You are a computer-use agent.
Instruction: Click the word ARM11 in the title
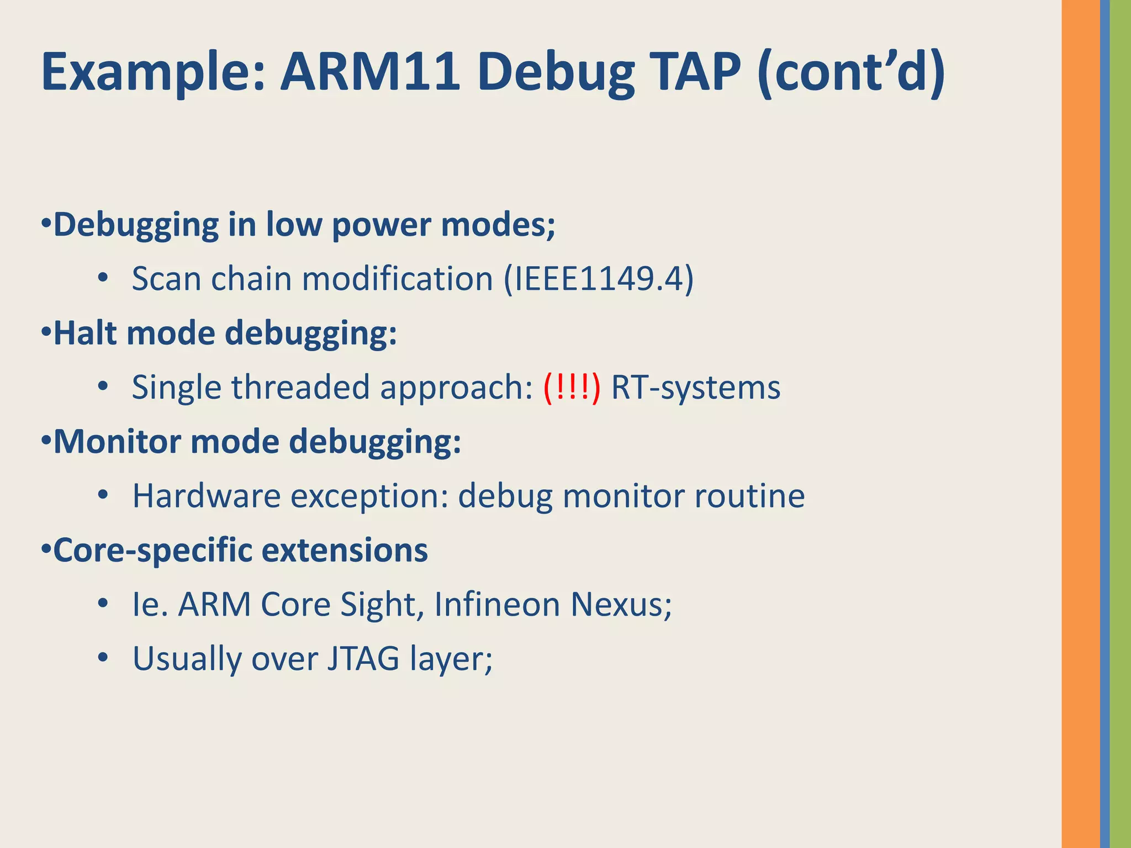(x=370, y=72)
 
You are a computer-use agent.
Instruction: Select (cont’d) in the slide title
(x=851, y=72)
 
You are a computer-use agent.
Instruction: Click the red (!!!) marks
(x=572, y=388)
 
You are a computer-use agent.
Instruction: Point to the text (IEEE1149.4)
(x=599, y=279)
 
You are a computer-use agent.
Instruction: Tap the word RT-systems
(x=696, y=388)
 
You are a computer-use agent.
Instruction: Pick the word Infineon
(x=497, y=605)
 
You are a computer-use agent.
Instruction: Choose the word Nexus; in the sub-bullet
(x=621, y=605)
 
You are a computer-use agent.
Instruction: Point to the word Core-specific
(x=152, y=550)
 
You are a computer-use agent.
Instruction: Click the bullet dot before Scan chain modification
(x=102, y=278)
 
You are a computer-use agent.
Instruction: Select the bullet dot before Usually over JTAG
(x=102, y=658)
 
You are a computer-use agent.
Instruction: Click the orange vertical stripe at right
(x=1080, y=424)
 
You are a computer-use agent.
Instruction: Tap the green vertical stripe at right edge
(x=1121, y=424)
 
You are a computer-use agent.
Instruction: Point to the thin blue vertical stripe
(x=1104, y=424)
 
